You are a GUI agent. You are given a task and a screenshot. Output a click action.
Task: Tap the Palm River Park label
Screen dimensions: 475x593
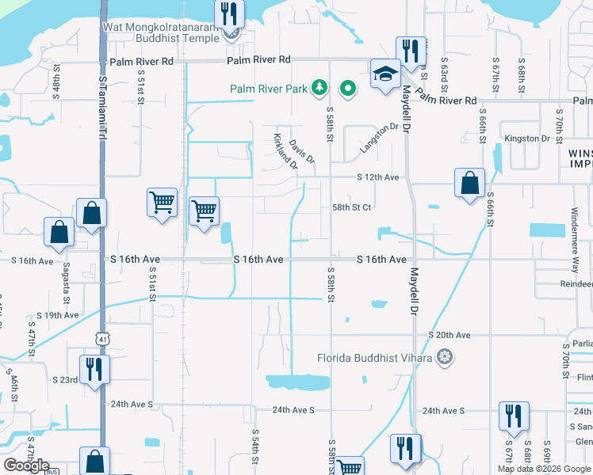(x=269, y=89)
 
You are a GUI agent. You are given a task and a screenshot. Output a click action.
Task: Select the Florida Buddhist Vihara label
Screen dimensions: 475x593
(x=375, y=357)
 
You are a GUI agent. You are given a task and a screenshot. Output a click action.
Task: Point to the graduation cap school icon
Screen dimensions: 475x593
(x=386, y=74)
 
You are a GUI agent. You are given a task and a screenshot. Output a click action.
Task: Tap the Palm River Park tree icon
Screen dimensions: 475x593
(x=319, y=87)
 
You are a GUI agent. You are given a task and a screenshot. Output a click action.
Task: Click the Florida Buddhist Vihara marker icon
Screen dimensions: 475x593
(x=446, y=357)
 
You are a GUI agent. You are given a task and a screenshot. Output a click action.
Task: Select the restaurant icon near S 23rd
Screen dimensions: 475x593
(x=94, y=369)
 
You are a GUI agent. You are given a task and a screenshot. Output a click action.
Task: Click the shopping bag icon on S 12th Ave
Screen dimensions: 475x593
(x=469, y=182)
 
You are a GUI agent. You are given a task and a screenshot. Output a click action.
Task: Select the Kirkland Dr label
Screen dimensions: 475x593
(x=285, y=151)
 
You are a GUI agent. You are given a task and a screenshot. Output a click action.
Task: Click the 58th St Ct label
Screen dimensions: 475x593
(x=352, y=207)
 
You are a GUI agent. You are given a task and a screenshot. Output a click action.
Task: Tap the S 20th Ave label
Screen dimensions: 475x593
(x=449, y=335)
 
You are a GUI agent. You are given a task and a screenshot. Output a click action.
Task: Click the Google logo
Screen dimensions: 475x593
(x=26, y=465)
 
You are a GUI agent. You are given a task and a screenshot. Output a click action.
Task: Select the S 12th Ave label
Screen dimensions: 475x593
(x=377, y=177)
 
